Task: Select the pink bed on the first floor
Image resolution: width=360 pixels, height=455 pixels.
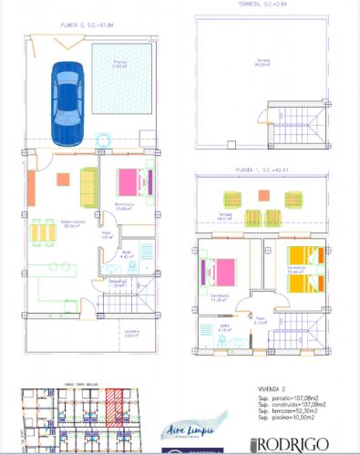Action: (x=218, y=272)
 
